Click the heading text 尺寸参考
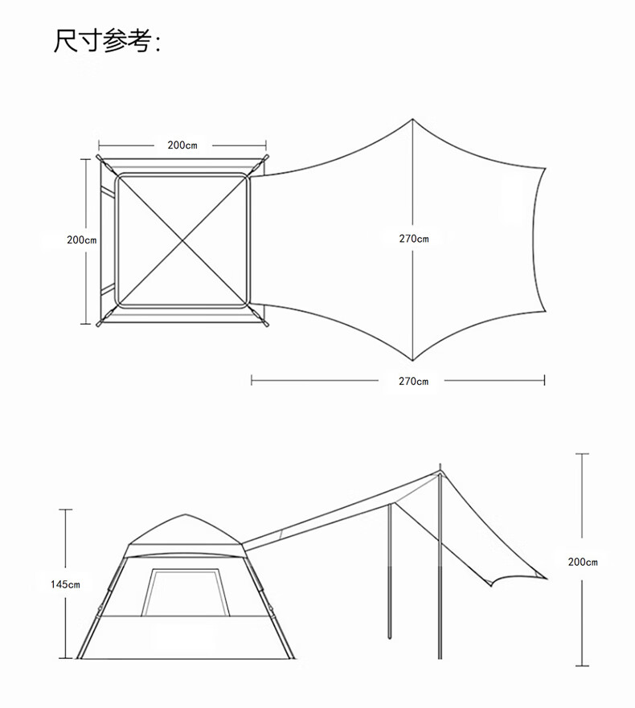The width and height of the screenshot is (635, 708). (x=107, y=41)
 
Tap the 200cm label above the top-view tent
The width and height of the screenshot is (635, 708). (x=182, y=145)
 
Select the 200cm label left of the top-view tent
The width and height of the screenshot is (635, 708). (x=81, y=239)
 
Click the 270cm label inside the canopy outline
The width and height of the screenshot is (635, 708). (x=414, y=239)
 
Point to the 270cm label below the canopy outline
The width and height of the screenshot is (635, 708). (x=414, y=381)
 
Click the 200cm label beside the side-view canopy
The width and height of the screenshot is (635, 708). (x=583, y=562)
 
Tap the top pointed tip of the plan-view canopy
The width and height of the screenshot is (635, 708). (x=413, y=121)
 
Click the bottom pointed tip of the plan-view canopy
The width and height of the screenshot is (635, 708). (x=413, y=360)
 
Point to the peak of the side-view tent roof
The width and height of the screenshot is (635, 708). (x=186, y=515)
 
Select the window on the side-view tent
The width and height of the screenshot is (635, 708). (x=185, y=592)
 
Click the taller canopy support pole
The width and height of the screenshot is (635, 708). (x=440, y=579)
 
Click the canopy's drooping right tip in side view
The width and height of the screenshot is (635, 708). (x=547, y=577)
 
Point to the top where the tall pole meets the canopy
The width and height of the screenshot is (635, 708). (x=440, y=472)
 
